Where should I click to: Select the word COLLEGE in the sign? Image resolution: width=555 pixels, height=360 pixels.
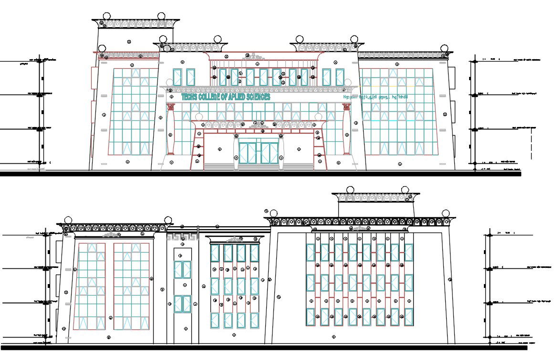tap(213, 97)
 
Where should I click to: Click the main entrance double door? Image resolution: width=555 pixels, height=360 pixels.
tap(259, 152)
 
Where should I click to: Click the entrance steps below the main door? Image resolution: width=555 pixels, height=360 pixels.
tap(258, 166)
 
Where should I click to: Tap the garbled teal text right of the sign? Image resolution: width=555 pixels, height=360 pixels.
tap(376, 97)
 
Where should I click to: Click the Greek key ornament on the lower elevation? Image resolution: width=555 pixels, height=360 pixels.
tap(182, 237)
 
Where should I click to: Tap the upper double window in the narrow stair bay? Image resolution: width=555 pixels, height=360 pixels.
tap(182, 270)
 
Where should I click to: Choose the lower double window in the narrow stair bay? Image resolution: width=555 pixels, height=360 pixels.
tap(182, 304)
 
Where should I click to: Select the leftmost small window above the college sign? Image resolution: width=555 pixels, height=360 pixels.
tap(178, 77)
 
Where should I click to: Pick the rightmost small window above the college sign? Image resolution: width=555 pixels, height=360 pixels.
tap(340, 77)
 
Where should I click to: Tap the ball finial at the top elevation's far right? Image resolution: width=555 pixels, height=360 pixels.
tap(444, 48)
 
